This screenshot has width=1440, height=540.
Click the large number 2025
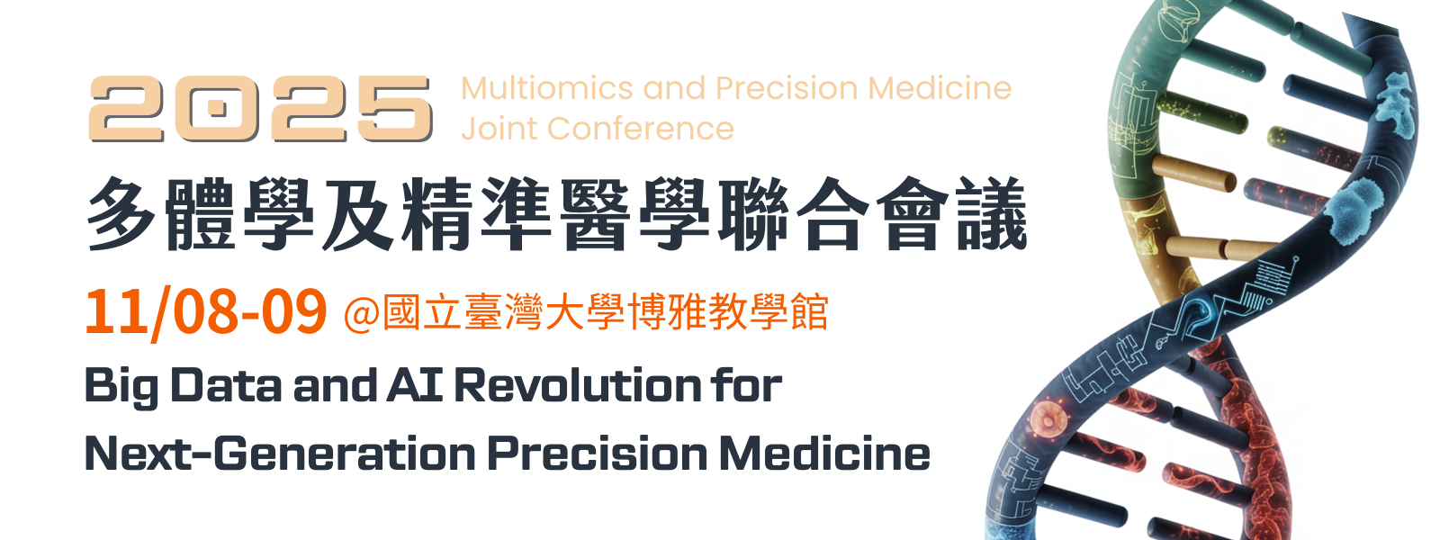(x=260, y=108)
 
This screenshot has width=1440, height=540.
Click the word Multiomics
(x=547, y=88)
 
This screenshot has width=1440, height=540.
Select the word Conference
(x=641, y=129)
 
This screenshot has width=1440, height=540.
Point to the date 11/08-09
(x=206, y=312)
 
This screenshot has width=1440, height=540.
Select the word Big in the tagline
(x=122, y=387)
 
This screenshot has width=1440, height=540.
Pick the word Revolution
(x=577, y=385)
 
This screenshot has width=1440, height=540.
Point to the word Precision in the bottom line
(x=598, y=454)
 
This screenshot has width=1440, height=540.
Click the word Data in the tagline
(x=226, y=385)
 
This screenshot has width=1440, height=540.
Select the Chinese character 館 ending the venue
(x=809, y=312)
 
